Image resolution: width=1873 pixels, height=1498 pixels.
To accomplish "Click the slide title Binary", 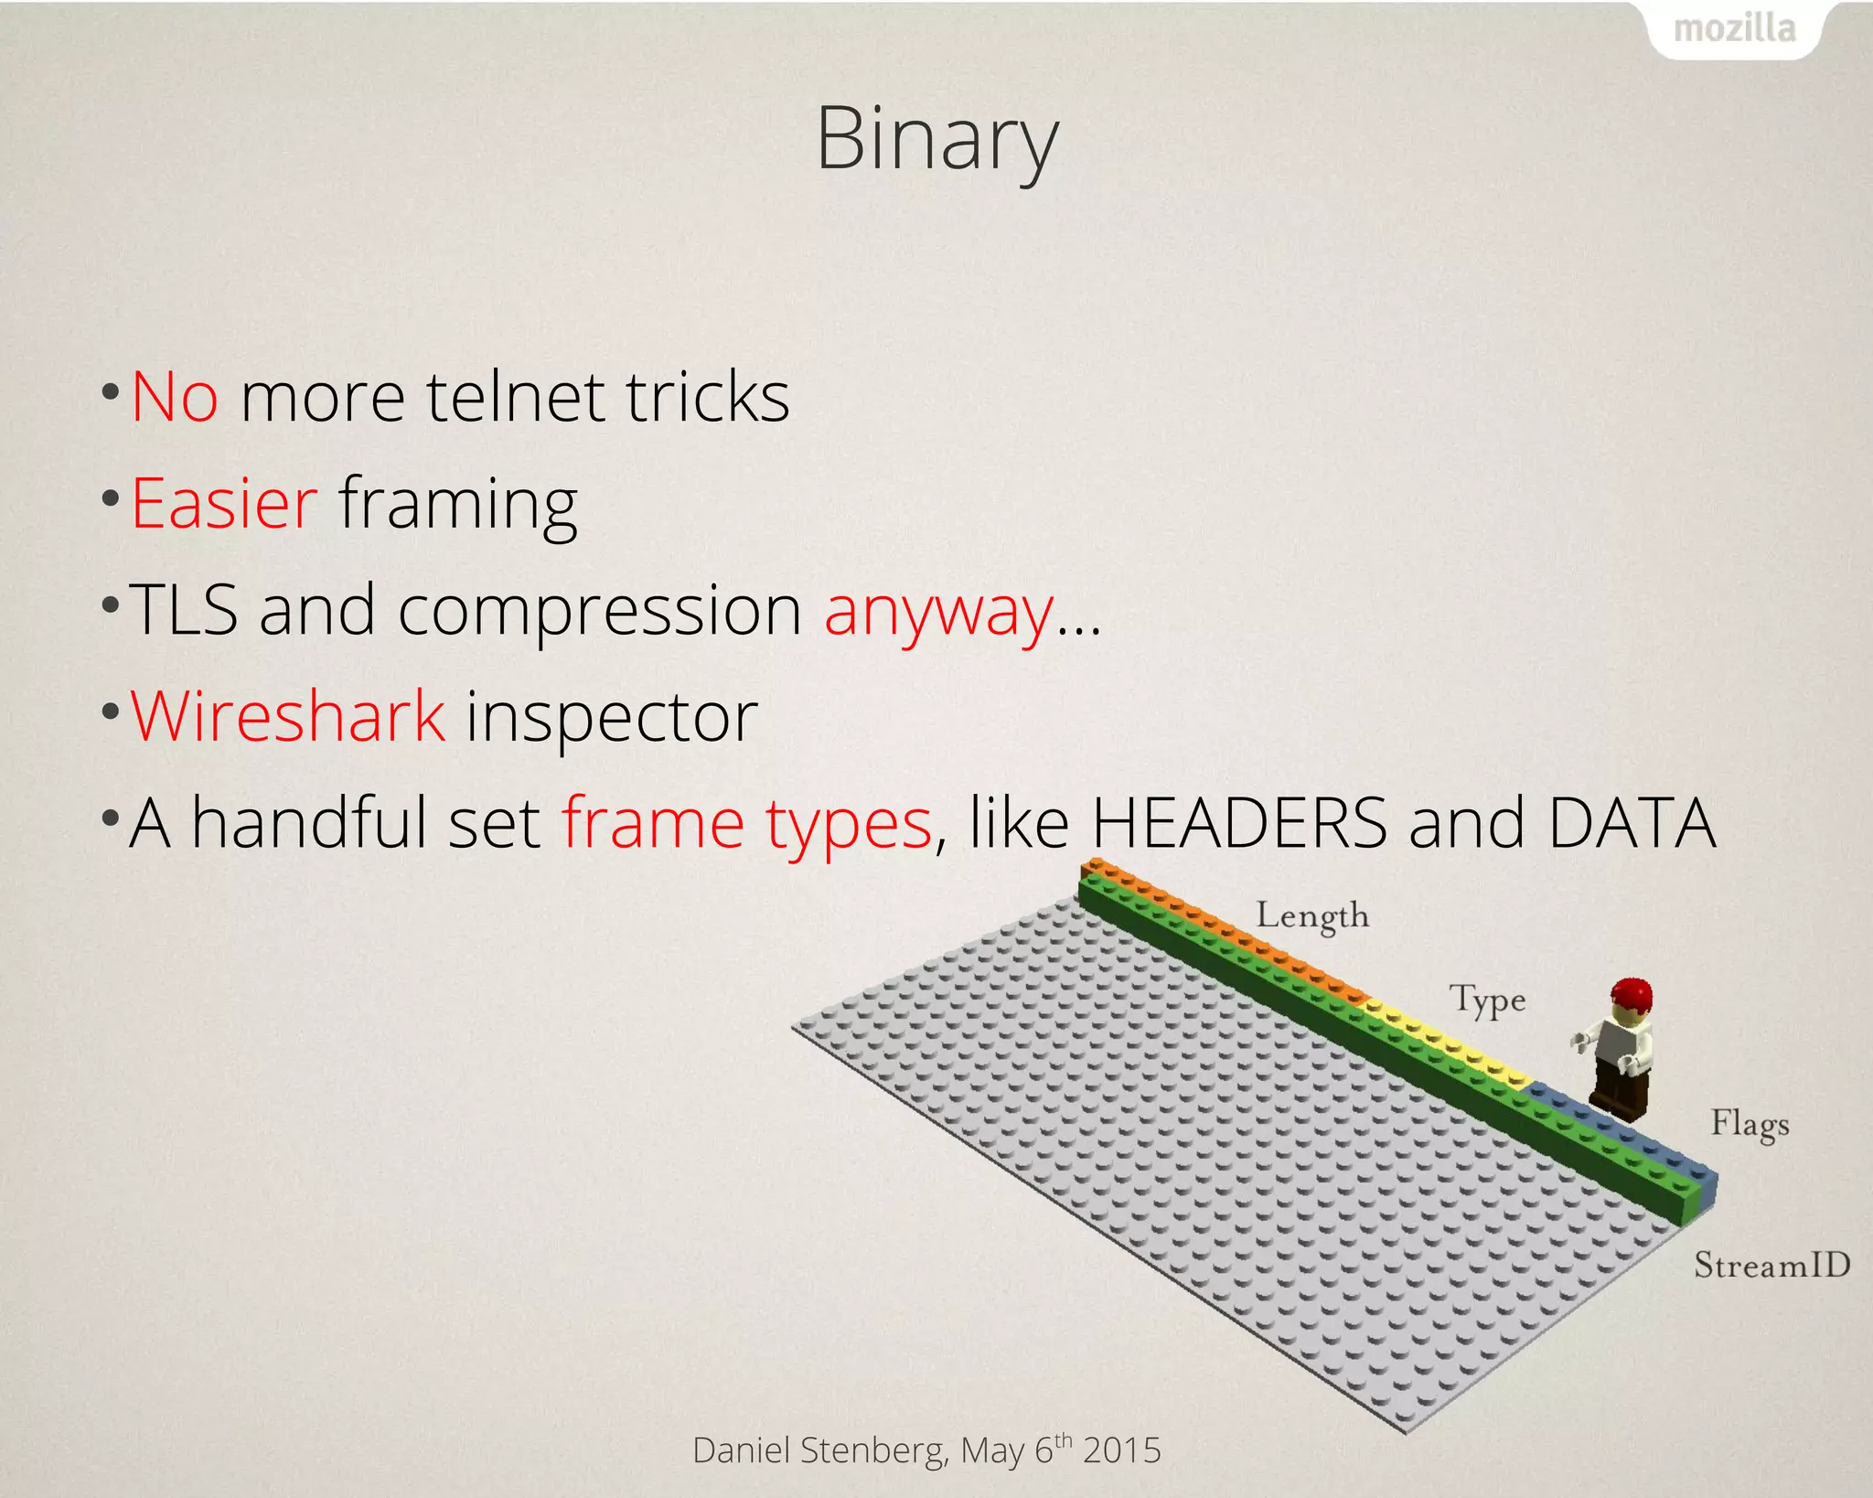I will [x=936, y=139].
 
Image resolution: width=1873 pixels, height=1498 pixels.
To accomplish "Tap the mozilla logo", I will [x=1734, y=29].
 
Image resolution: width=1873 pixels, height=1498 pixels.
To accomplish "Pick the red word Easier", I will [x=224, y=504].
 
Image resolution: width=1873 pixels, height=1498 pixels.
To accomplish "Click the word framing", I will [x=458, y=506].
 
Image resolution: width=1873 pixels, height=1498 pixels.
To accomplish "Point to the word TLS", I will [x=183, y=610].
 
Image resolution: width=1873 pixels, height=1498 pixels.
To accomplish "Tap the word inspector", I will [x=612, y=719].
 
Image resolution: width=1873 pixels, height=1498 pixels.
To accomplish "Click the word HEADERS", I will [x=1239, y=823].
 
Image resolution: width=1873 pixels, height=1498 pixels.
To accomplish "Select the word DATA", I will [x=1632, y=823].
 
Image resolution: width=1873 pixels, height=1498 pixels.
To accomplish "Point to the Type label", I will [x=1488, y=1000].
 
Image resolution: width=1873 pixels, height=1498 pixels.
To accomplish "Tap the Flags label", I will [x=1750, y=1124].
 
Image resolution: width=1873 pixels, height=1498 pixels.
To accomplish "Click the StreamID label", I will [x=1771, y=1265].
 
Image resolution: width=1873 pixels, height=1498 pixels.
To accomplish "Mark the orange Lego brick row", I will [x=1225, y=928].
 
